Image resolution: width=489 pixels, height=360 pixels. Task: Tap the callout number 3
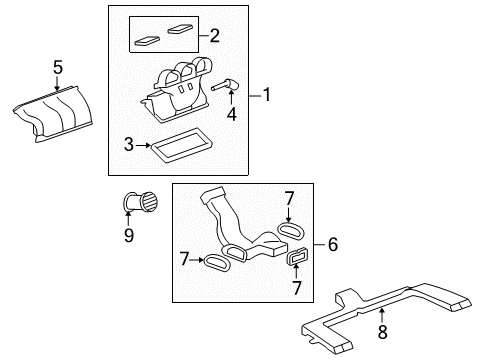pos(129,146)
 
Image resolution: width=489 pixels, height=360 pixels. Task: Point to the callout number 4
pos(232,115)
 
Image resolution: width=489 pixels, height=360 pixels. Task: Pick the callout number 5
pos(58,67)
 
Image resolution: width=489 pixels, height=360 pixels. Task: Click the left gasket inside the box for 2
pos(149,42)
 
